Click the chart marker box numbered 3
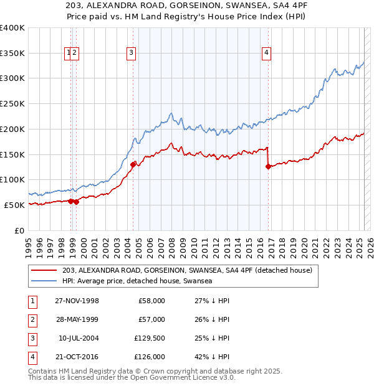[x=132, y=54]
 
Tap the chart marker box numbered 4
[x=266, y=54]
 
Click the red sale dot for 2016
[x=268, y=166]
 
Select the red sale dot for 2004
[x=133, y=164]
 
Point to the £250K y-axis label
[x=12, y=104]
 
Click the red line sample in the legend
[x=45, y=271]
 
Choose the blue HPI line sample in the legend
[x=45, y=281]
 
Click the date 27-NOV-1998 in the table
[x=77, y=300]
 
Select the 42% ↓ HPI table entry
[x=212, y=357]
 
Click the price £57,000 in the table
[x=151, y=319]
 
